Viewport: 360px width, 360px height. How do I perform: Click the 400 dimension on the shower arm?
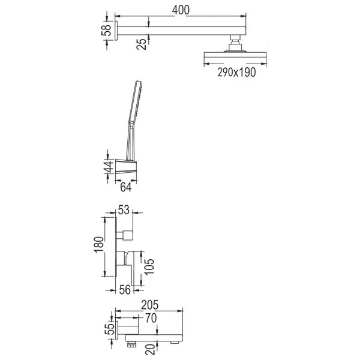[181, 10]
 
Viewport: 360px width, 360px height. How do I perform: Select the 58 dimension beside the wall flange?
[106, 31]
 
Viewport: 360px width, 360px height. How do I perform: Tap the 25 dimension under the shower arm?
[141, 44]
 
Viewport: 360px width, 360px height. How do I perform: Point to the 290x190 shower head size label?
[236, 73]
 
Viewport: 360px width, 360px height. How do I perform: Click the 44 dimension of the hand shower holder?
[109, 167]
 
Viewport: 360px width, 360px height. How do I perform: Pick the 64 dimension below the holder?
[126, 187]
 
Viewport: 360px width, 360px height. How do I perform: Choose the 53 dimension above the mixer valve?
[124, 210]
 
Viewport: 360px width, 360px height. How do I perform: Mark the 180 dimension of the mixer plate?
[99, 245]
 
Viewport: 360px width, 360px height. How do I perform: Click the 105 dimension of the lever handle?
[149, 267]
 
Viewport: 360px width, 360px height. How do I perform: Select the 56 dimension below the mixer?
[125, 290]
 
